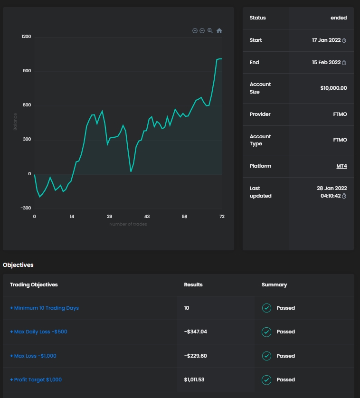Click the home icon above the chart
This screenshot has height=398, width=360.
tap(219, 31)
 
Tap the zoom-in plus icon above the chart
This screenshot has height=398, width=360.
tap(195, 31)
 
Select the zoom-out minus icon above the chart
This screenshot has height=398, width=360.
tap(202, 31)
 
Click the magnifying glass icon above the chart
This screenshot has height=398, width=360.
tap(210, 31)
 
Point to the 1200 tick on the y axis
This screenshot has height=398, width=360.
tap(26, 37)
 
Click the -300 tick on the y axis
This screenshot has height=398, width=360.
tap(26, 208)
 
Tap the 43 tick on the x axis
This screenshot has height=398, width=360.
tap(147, 217)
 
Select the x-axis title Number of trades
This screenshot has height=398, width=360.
tap(128, 224)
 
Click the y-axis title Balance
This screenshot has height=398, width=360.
tap(15, 122)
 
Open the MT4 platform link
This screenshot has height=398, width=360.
tap(341, 166)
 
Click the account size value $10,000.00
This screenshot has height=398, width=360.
tap(333, 88)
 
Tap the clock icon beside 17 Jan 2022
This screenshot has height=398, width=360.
tap(344, 40)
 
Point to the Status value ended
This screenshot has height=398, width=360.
tap(339, 18)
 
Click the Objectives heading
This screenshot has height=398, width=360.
tap(18, 265)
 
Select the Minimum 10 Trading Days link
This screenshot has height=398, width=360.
tap(45, 308)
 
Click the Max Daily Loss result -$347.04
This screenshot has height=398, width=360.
tap(196, 332)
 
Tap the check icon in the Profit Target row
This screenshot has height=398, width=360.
tap(266, 380)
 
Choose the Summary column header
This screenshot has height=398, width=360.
tap(274, 285)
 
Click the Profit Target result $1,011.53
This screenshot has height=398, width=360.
tap(194, 380)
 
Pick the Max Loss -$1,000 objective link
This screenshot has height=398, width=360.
tap(33, 356)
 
